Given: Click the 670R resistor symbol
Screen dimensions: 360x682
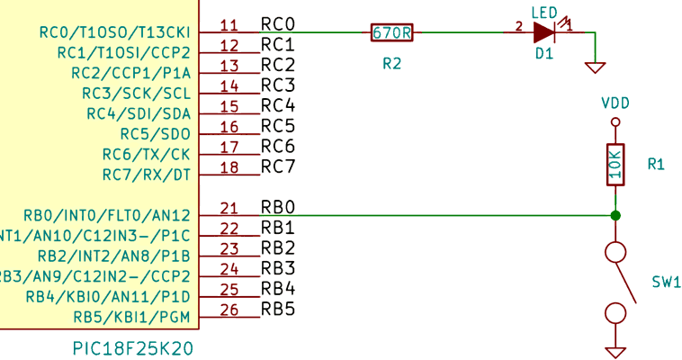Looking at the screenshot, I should click(x=391, y=32).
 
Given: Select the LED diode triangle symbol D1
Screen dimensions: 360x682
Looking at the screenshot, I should click(x=543, y=32).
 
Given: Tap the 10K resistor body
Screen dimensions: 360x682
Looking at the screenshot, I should click(x=615, y=165).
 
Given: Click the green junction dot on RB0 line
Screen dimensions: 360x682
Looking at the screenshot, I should click(x=615, y=215).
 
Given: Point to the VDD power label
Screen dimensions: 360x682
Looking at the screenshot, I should click(x=615, y=103).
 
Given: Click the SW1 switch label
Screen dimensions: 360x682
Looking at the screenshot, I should click(x=667, y=283).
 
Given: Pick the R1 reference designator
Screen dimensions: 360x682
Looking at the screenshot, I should click(x=656, y=165).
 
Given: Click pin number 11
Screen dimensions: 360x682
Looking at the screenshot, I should click(x=229, y=25).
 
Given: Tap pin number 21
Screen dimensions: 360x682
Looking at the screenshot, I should click(x=229, y=208).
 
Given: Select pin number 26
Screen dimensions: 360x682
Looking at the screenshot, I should click(x=229, y=310).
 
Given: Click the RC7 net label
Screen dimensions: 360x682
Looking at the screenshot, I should click(x=278, y=166).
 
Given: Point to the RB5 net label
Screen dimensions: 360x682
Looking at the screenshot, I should click(x=278, y=310).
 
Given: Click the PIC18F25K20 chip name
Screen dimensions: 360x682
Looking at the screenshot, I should click(x=132, y=347).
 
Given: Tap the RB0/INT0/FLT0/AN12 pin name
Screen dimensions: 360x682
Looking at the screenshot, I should click(x=107, y=215).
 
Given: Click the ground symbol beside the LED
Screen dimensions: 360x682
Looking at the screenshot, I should click(x=595, y=67).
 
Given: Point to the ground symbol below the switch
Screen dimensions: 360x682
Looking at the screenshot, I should click(x=615, y=351).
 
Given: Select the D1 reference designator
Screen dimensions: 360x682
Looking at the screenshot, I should click(x=544, y=55).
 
